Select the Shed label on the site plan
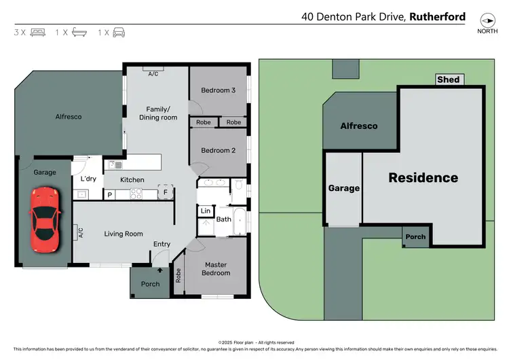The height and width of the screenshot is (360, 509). click(x=448, y=79)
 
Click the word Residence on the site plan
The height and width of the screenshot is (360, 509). click(x=423, y=178)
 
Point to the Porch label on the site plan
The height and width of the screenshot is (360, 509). click(x=415, y=237)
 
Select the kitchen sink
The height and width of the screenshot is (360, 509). click(x=115, y=164)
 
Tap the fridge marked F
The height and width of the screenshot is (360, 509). click(x=165, y=193)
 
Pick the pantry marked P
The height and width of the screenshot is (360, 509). click(x=109, y=195)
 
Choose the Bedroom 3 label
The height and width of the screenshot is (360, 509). click(x=218, y=90)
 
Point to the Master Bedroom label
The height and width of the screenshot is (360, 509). click(x=216, y=269)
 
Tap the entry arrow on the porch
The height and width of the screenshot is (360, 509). click(x=150, y=270)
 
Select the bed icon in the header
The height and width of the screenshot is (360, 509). click(x=38, y=32)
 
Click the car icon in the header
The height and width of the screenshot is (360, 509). click(x=119, y=32)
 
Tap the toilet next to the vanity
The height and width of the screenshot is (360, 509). click(x=239, y=185)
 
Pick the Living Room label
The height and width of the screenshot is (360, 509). click(x=124, y=234)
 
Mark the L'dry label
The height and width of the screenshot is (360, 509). click(x=89, y=179)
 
